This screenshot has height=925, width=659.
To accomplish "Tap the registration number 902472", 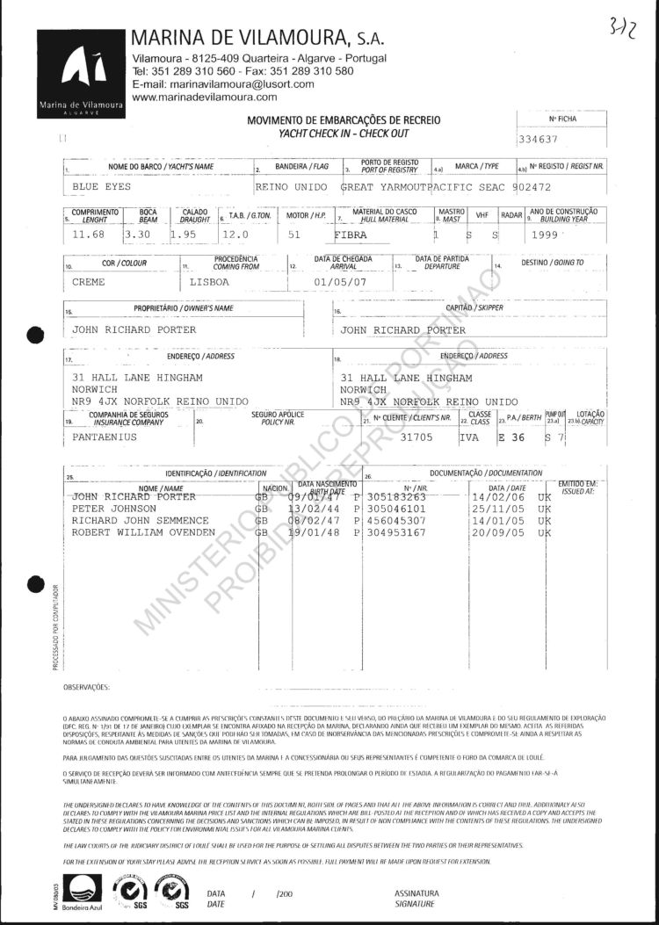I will point(532,187).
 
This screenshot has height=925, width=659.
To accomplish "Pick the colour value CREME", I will point(89,282).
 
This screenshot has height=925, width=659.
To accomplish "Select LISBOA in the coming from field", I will point(209,282).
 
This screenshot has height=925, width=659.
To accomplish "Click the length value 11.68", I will point(89,235).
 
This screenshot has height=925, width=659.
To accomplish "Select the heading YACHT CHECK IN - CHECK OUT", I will point(344,133).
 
